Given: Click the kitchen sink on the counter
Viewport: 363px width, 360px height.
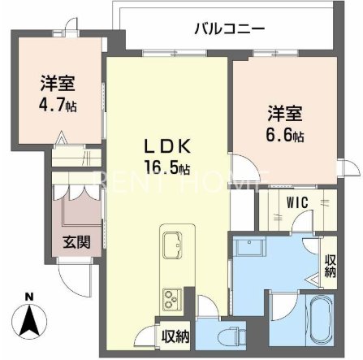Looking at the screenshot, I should pyautogui.click(x=173, y=244).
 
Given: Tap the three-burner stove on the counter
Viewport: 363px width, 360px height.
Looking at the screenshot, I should pyautogui.click(x=172, y=297).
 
